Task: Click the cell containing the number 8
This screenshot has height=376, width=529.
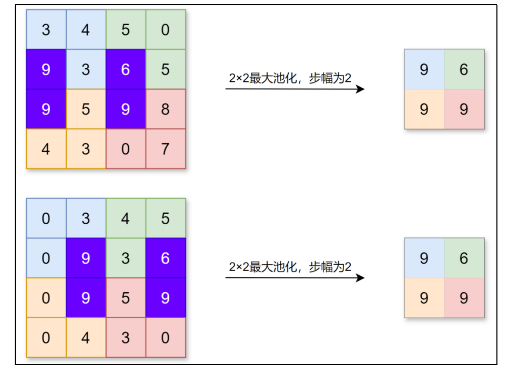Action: click(166, 109)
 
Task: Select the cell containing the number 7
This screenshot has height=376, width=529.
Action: click(166, 149)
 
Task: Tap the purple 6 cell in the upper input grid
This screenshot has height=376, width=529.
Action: click(126, 69)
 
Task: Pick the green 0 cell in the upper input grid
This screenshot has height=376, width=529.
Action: click(166, 30)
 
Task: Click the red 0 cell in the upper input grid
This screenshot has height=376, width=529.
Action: click(126, 149)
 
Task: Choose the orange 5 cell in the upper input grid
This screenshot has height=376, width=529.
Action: click(86, 109)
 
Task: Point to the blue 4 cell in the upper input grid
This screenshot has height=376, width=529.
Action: click(86, 30)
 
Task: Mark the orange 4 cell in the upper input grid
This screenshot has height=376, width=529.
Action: click(46, 149)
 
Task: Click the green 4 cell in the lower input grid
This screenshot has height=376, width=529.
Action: click(126, 218)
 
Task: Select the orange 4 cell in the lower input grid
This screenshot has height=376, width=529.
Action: click(86, 337)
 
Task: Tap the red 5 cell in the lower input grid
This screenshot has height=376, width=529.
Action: click(126, 298)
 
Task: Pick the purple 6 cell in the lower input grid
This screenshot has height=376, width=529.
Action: click(166, 258)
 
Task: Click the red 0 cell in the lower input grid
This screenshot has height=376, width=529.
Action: click(166, 337)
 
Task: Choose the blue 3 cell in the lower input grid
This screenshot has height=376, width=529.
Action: click(86, 218)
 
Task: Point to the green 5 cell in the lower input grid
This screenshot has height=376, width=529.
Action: click(166, 218)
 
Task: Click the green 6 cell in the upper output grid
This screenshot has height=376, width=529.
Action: click(464, 69)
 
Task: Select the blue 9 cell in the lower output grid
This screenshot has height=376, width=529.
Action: click(424, 258)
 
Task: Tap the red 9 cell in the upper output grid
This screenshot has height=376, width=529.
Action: click(464, 109)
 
